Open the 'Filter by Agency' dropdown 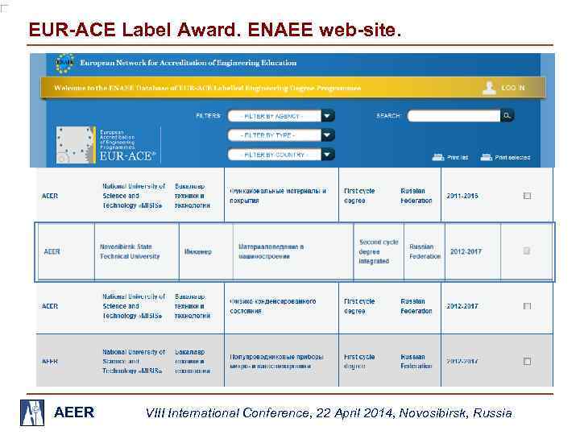coord(280,115)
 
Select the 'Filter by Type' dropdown coord(280,135)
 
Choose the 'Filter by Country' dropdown coord(280,154)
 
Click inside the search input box coord(454,116)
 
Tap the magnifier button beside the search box coord(507,116)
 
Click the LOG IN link coord(512,87)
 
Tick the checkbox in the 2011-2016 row coord(527,196)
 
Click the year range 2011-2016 coord(463,196)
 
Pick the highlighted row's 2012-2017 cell coord(466,251)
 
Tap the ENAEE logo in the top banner coord(64,63)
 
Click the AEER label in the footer coord(73,413)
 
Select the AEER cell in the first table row coord(50,196)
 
